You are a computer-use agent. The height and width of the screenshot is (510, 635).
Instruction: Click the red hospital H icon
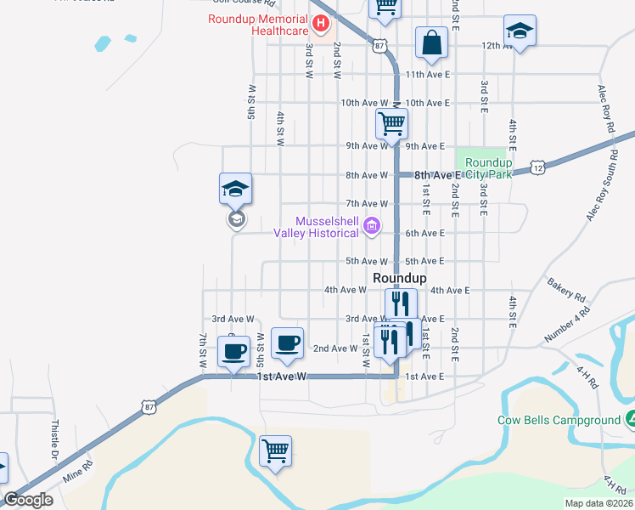pyautogui.click(x=322, y=24)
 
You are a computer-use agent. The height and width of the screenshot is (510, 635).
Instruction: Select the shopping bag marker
pyautogui.click(x=431, y=42)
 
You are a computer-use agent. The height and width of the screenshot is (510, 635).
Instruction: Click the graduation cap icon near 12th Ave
pyautogui.click(x=519, y=31)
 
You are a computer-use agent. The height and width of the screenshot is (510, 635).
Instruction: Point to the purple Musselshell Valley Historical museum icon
pyautogui.click(x=371, y=226)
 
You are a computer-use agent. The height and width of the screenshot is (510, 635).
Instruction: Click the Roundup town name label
pyautogui.click(x=399, y=278)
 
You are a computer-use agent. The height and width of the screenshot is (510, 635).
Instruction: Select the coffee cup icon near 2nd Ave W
pyautogui.click(x=287, y=343)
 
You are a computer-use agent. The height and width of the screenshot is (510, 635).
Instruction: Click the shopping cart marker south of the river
pyautogui.click(x=275, y=450)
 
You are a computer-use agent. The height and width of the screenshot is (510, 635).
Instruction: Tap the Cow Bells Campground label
pyautogui.click(x=559, y=420)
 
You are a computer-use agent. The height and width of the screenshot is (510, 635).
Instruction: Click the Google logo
pyautogui.click(x=28, y=500)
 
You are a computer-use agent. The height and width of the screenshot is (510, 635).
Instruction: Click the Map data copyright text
pyautogui.click(x=598, y=503)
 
